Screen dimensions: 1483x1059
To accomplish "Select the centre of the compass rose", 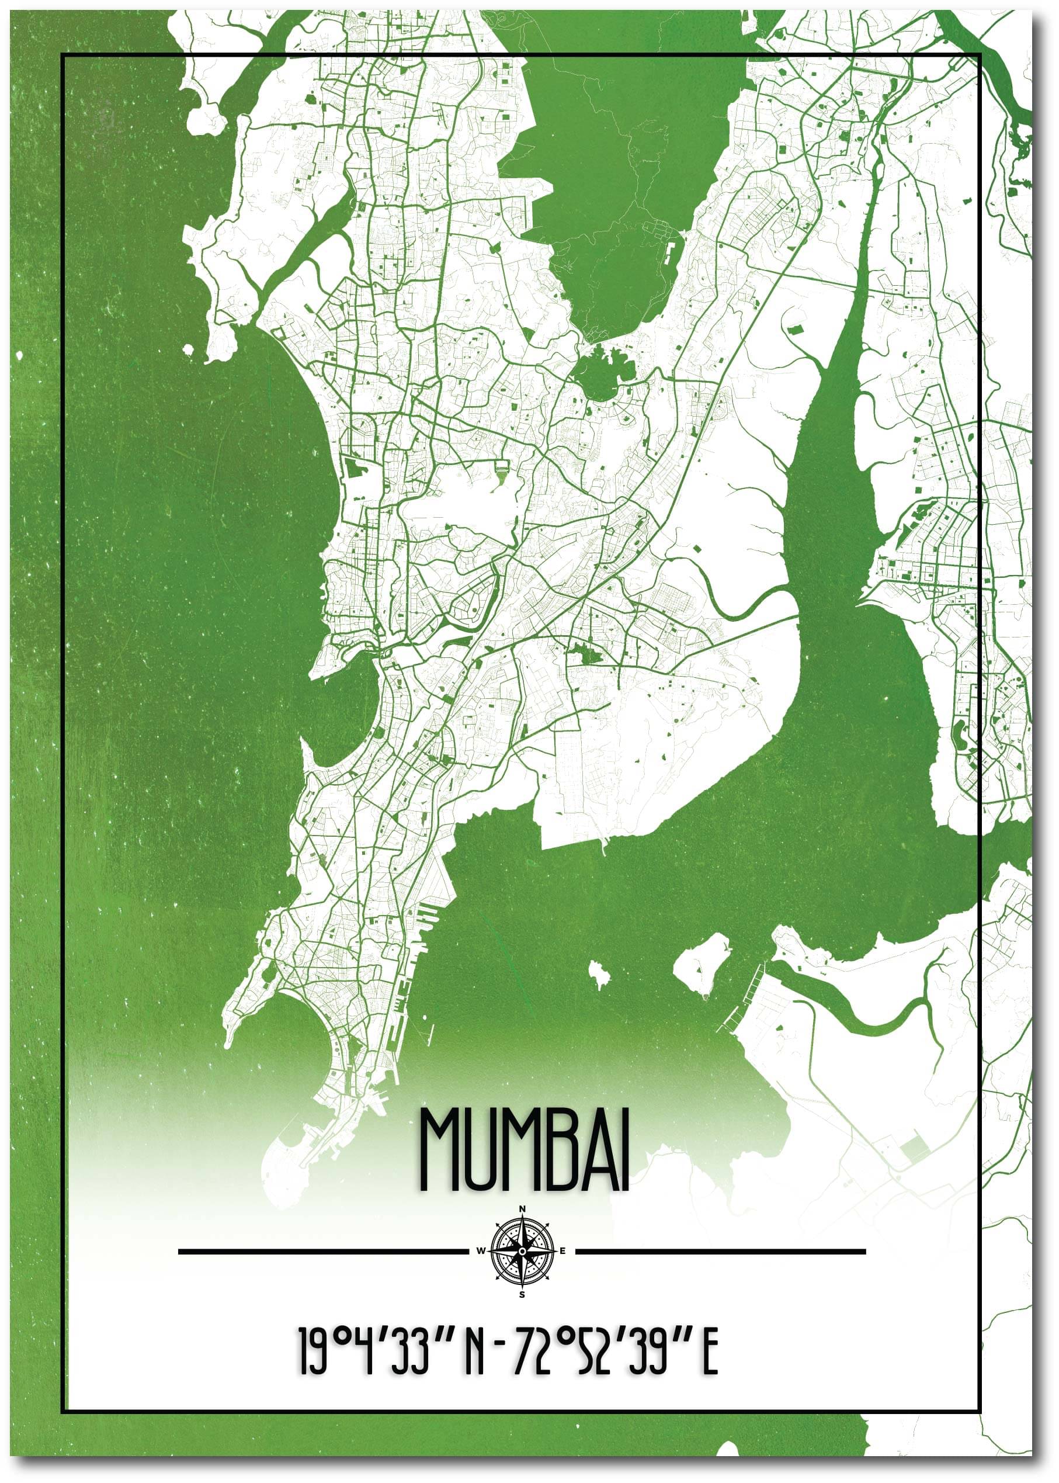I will pos(522,1251).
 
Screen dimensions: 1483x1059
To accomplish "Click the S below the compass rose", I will pos(522,1294).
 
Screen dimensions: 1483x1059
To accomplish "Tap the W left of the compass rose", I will pos(481,1251).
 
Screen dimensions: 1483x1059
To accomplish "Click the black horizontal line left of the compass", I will pos(323,1252).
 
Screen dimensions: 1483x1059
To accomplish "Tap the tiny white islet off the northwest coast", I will pos(189,350).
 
